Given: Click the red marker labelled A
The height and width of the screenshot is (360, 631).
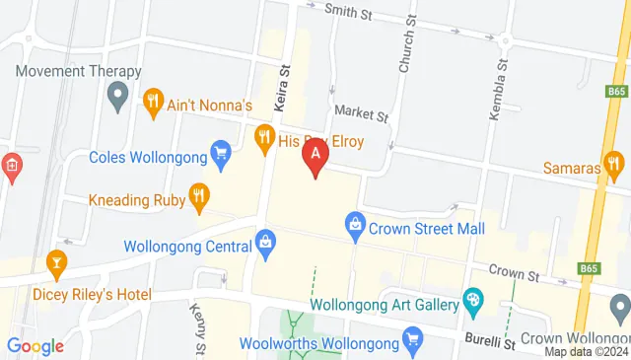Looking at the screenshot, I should [x=315, y=155].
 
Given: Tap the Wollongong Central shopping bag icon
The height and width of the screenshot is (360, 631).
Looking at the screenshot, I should [x=265, y=242].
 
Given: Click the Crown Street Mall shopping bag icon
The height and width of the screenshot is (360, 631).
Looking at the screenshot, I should [x=355, y=226].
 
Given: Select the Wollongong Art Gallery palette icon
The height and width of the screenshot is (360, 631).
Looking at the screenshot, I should [x=473, y=299].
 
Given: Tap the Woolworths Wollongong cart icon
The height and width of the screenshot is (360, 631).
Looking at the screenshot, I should [x=413, y=343].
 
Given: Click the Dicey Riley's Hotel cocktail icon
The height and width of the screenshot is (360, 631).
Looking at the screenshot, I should [x=55, y=262].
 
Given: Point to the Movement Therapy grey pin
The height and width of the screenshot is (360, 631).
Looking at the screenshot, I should [x=117, y=97].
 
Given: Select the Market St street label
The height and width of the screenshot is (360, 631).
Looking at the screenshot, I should [x=361, y=115].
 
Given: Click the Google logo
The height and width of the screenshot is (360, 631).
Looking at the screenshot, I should [x=35, y=346].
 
